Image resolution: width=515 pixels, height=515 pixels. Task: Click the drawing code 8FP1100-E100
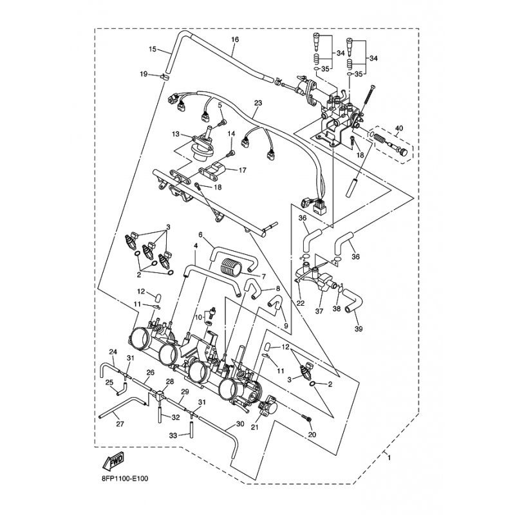[x=125, y=478]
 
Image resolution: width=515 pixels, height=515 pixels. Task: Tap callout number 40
[x=398, y=128]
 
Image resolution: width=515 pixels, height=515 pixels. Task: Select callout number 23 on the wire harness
[x=258, y=103]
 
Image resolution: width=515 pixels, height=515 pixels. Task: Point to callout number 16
[x=235, y=40]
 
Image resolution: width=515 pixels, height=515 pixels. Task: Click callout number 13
[x=176, y=134]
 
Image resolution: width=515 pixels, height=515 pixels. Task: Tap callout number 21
[x=255, y=427]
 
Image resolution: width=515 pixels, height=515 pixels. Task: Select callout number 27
[x=120, y=424]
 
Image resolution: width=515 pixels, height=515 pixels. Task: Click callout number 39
[x=359, y=328]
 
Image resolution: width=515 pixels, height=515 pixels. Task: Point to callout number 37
[x=319, y=311]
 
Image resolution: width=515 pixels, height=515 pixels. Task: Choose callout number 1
[x=389, y=457]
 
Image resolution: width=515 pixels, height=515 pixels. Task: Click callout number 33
[x=173, y=436]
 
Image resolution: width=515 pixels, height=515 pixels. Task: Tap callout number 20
[x=312, y=435]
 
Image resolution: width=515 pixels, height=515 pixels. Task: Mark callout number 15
[x=153, y=50]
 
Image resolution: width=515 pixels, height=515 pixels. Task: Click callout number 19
[x=144, y=74]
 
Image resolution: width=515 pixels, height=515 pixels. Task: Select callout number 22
[x=301, y=303]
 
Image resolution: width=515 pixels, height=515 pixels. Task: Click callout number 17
[x=243, y=170]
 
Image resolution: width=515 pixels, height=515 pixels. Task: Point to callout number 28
[x=169, y=382]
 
